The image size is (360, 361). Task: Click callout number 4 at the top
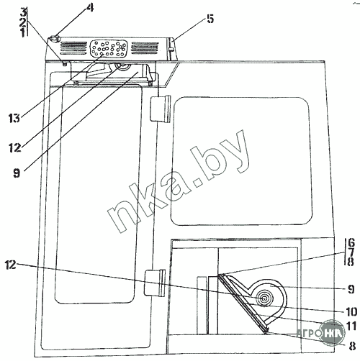click(x=89, y=8)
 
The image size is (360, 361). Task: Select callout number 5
click(x=210, y=19)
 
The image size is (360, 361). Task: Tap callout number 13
click(x=14, y=118)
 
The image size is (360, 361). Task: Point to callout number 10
click(x=351, y=312)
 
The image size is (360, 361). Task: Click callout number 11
click(x=351, y=326)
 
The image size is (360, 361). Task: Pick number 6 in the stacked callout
click(x=351, y=243)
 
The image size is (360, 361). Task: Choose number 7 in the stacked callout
click(x=351, y=252)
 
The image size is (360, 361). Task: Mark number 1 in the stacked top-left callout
click(x=23, y=32)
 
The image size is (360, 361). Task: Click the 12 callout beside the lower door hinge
click(x=10, y=265)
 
